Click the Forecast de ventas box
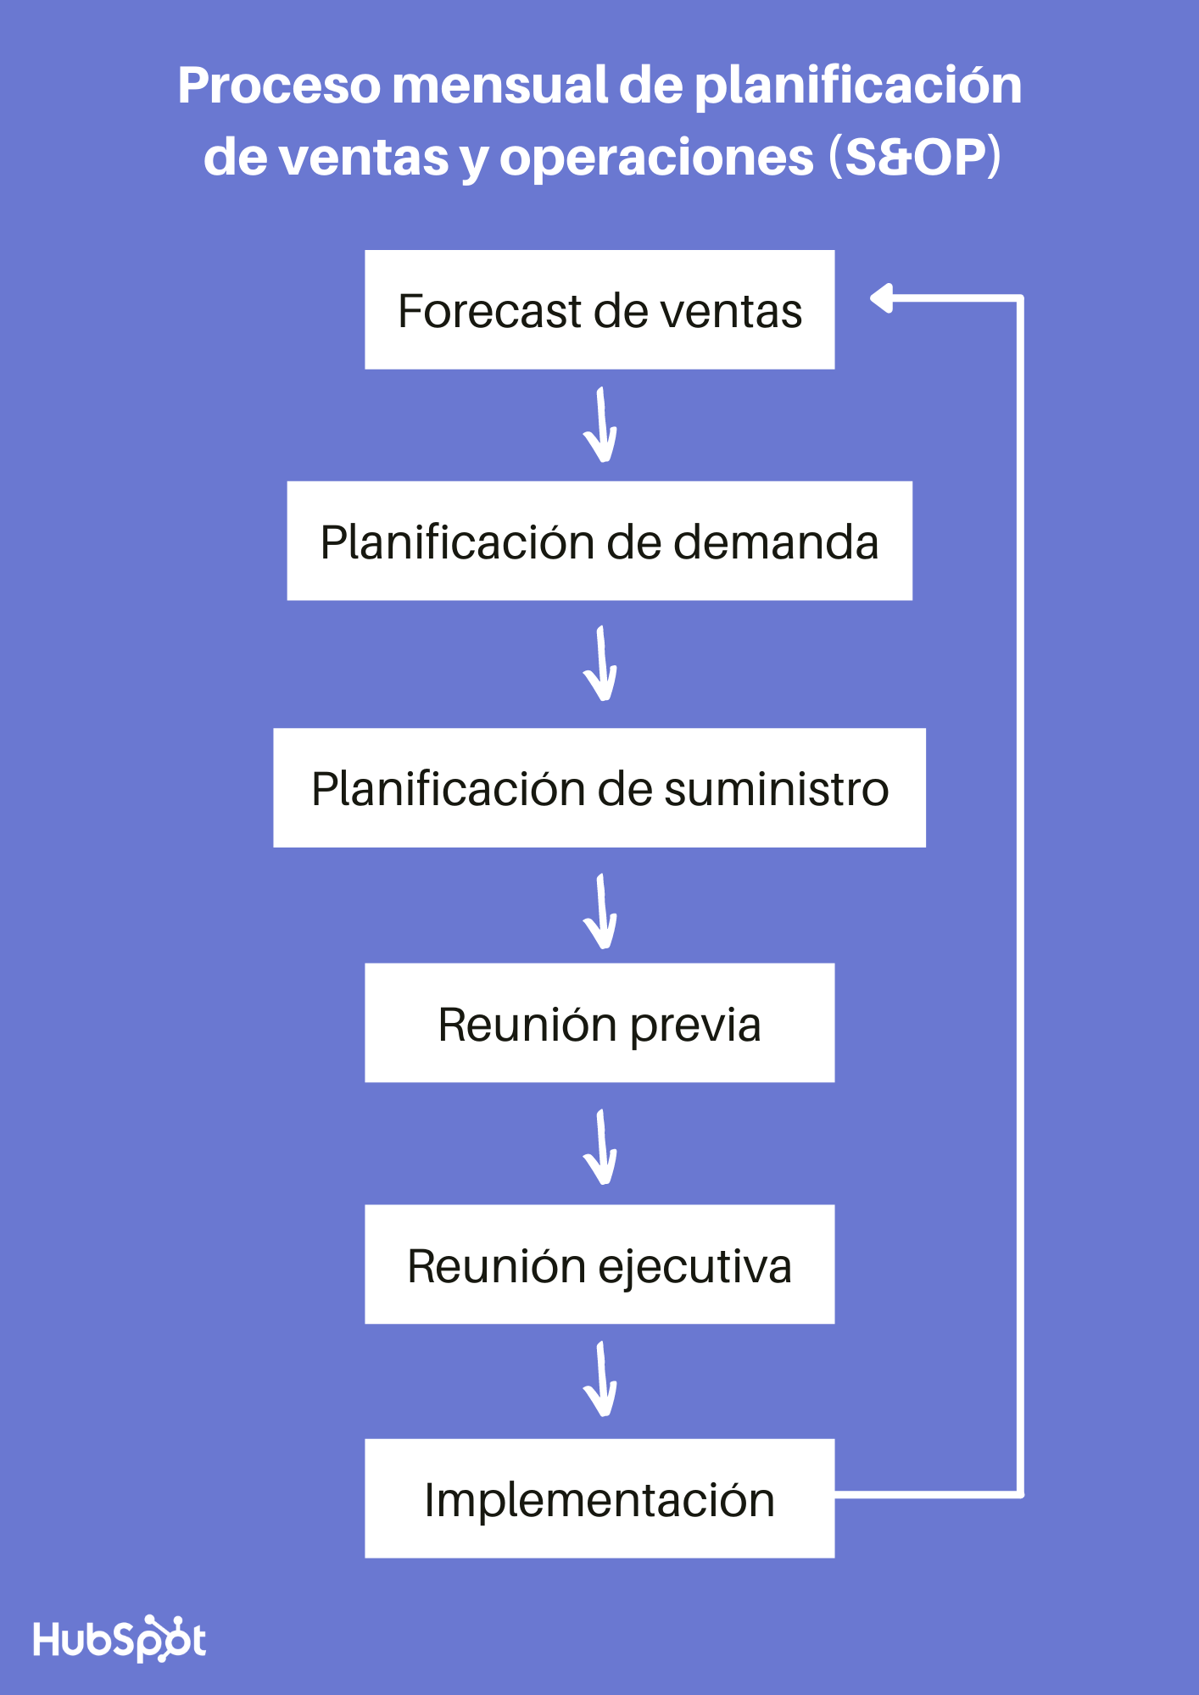pyautogui.click(x=599, y=309)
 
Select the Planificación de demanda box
pyautogui.click(x=599, y=541)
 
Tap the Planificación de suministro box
pyautogui.click(x=599, y=787)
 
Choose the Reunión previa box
pyautogui.click(x=599, y=1023)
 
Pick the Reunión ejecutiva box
pyautogui.click(x=599, y=1264)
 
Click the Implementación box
pyautogui.click(x=599, y=1498)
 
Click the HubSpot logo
pyautogui.click(x=120, y=1639)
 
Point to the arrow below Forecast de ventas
pyautogui.click(x=600, y=425)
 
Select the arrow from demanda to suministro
pyautogui.click(x=600, y=664)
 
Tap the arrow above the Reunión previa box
pyautogui.click(x=600, y=912)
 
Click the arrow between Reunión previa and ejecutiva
pyautogui.click(x=600, y=1148)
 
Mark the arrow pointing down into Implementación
pyautogui.click(x=600, y=1380)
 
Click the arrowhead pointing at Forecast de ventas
pyautogui.click(x=883, y=298)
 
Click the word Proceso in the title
pyautogui.click(x=279, y=86)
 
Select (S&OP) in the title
pyautogui.click(x=915, y=157)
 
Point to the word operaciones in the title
pyautogui.click(x=656, y=158)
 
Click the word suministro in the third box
pyautogui.click(x=776, y=789)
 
